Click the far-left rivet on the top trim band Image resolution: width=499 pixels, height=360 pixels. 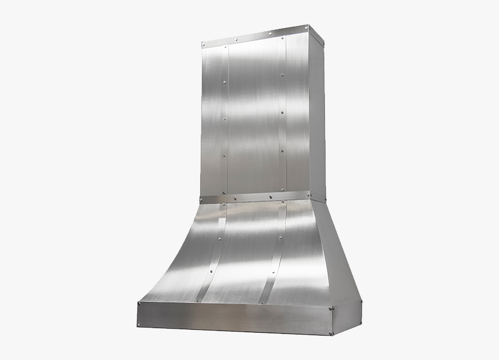tap(204, 45)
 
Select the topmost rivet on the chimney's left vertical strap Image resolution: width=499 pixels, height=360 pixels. tap(225, 85)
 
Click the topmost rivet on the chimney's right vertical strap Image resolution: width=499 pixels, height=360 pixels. tap(282, 74)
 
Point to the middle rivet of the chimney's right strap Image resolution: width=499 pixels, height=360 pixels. tap(282, 112)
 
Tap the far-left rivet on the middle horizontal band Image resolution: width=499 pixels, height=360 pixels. tap(203, 200)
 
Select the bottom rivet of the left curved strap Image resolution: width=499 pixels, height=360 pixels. tap(202, 300)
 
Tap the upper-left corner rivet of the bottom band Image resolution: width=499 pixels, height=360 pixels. tap(140, 304)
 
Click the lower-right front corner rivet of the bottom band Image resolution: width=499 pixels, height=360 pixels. tap(331, 333)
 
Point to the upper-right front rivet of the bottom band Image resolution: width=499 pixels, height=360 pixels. tap(331, 309)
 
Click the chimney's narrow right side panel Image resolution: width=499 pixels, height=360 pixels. tap(317, 116)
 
